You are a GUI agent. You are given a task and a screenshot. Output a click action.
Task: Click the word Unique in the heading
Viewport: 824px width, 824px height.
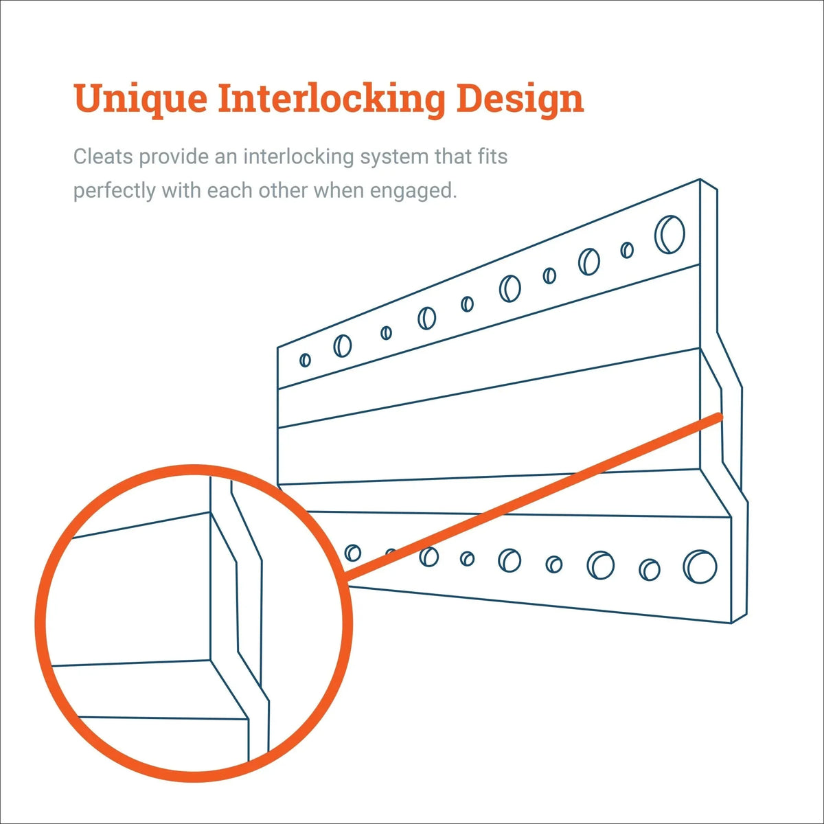(140, 100)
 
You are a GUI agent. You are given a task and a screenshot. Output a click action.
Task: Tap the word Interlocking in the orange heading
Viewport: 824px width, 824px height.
(331, 100)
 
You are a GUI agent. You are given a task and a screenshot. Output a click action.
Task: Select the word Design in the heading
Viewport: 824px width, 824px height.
(520, 100)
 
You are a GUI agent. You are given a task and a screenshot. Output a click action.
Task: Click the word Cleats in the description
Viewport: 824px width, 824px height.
(103, 157)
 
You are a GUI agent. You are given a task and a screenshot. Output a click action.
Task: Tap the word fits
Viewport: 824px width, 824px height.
(492, 157)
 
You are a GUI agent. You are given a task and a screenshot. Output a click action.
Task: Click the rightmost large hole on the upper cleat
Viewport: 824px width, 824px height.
(669, 234)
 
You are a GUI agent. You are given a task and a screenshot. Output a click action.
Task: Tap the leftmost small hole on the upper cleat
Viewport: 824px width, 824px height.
(305, 360)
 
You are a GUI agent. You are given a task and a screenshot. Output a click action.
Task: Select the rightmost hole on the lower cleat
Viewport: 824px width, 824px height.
(700, 566)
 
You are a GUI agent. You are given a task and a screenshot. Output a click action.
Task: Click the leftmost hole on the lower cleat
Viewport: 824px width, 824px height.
(352, 553)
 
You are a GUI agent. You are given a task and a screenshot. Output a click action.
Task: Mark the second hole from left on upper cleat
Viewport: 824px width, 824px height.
(342, 345)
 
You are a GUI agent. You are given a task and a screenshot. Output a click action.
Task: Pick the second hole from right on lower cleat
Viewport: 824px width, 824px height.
(649, 569)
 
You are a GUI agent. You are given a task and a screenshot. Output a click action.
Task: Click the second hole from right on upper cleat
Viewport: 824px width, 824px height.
(626, 250)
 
